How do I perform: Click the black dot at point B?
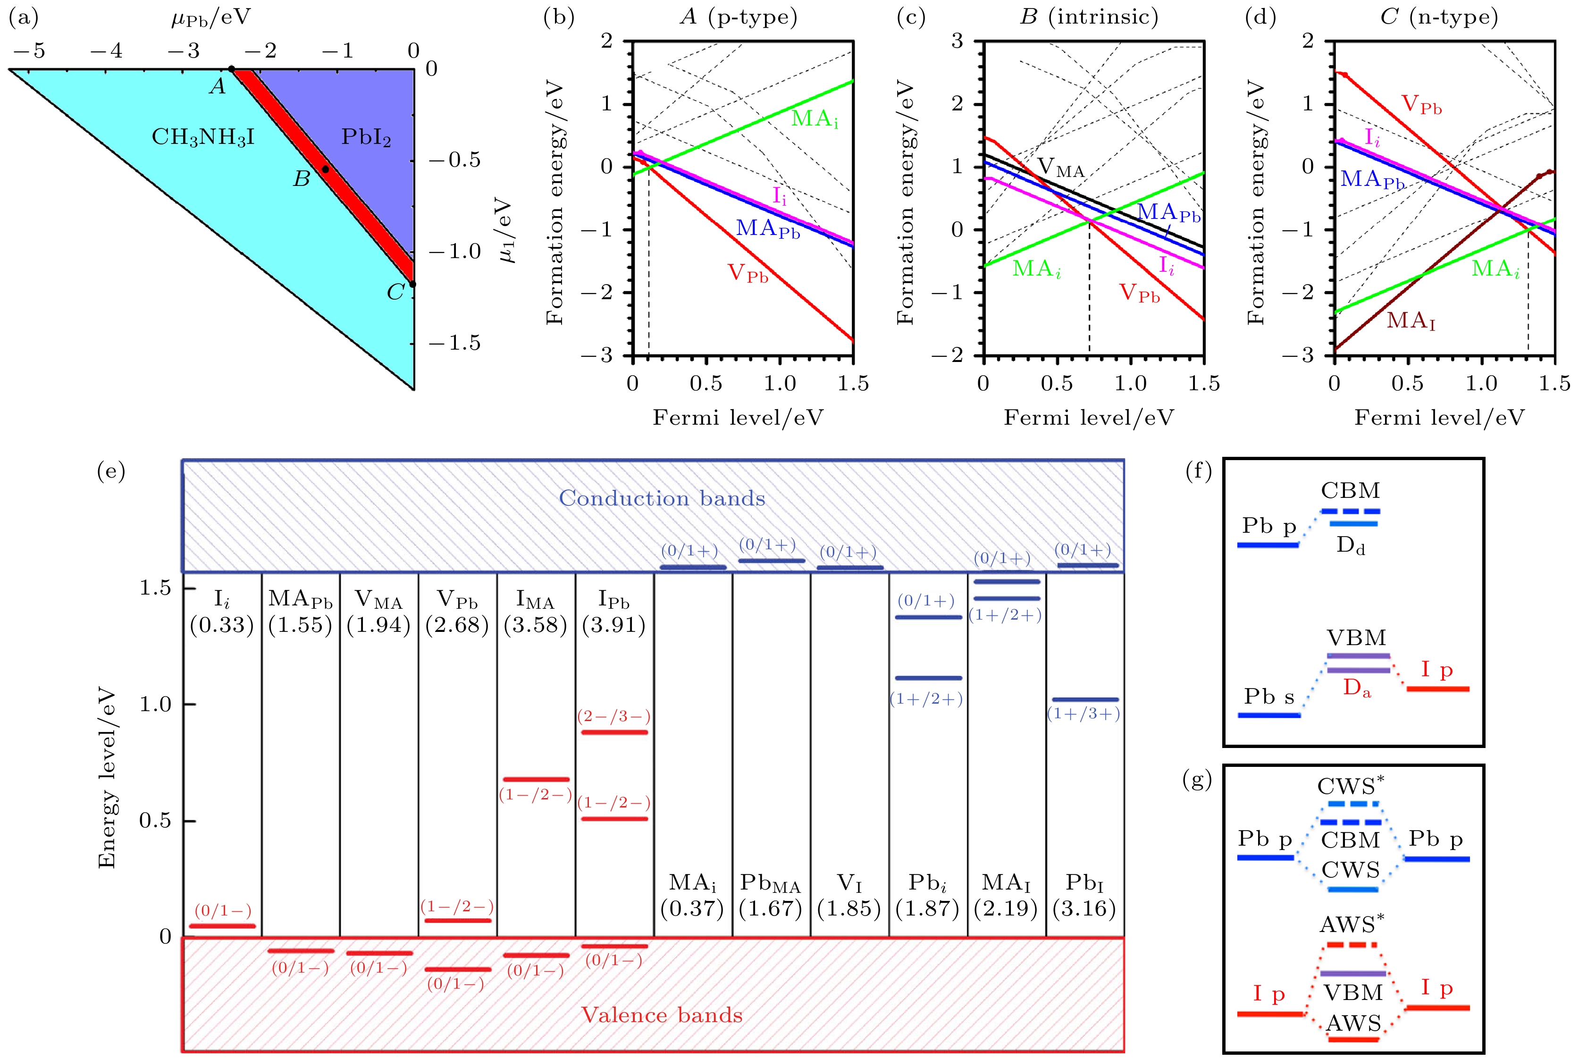point(325,169)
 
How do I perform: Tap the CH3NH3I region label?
point(202,138)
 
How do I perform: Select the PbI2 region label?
point(366,137)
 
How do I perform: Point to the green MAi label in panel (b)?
point(815,119)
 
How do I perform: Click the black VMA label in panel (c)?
point(1060,168)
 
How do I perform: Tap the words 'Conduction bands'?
point(662,498)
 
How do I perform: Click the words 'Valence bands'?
point(662,1015)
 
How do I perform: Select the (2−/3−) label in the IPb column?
point(614,716)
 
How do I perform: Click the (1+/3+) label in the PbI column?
point(1083,714)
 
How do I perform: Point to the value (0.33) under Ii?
point(221,625)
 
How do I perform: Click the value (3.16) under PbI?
point(1084,908)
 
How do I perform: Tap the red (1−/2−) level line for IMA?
point(536,780)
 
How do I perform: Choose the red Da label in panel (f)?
point(1357,688)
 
